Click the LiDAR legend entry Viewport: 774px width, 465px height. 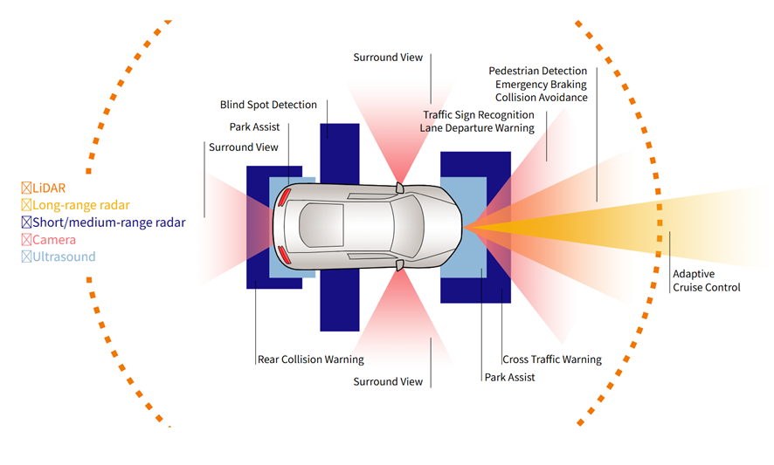49,188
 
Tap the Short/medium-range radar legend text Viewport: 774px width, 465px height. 108,222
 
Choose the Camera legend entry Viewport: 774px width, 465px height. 53,240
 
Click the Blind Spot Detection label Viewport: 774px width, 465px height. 267,105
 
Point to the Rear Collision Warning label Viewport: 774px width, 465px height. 310,359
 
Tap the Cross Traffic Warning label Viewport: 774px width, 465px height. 551,359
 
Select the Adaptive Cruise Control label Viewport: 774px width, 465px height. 706,281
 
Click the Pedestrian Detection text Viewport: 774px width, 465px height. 537,71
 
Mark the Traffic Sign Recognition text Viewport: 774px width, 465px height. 478,115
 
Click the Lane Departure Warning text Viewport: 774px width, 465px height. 476,128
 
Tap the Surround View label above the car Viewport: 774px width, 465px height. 388,58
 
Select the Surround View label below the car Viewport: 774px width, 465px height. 388,382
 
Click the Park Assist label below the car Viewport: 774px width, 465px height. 509,378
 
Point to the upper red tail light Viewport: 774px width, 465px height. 284,196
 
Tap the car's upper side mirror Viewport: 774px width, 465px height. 399,188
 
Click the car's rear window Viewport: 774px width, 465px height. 309,224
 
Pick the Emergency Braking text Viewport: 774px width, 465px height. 541,85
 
